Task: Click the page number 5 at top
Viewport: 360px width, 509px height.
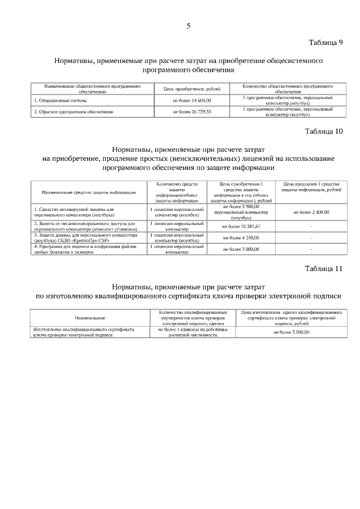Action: (x=188, y=26)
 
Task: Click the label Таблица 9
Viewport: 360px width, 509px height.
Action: (x=326, y=43)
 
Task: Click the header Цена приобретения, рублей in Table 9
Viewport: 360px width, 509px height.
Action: (x=192, y=89)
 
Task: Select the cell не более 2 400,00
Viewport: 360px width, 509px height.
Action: (x=311, y=212)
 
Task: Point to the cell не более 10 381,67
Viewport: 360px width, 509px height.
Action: (x=241, y=226)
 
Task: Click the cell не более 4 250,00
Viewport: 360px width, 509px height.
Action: (x=241, y=237)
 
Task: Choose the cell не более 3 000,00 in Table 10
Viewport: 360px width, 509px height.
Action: (x=241, y=249)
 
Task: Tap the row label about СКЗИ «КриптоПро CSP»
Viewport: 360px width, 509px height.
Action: (x=85, y=237)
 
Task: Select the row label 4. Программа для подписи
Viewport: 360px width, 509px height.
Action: (x=85, y=249)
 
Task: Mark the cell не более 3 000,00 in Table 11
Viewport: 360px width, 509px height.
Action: (x=291, y=332)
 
